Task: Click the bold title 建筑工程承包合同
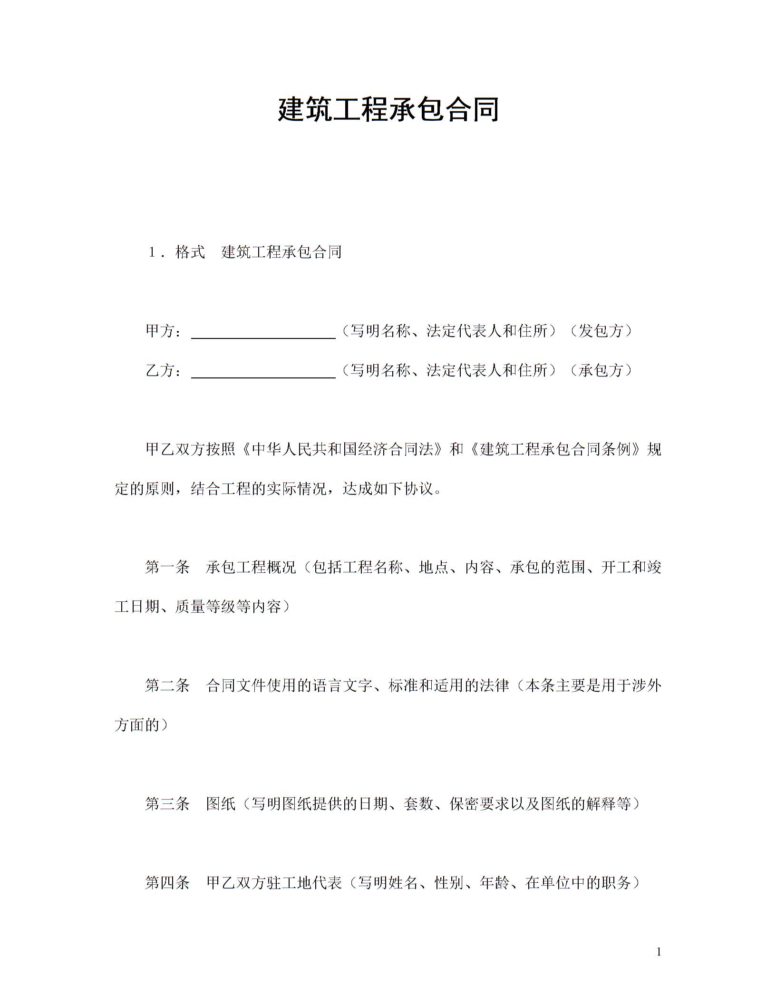coord(388,109)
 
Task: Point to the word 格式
coord(190,252)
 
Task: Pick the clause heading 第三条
coord(167,804)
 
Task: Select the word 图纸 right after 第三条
coord(221,804)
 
